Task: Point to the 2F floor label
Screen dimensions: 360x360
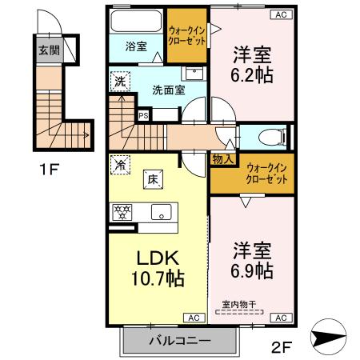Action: click(x=283, y=348)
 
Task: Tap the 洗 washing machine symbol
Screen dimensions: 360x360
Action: click(x=119, y=80)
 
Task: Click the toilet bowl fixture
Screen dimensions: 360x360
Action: click(x=265, y=136)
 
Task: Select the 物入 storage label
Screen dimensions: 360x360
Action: click(x=222, y=159)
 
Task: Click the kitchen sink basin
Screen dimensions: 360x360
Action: click(x=159, y=213)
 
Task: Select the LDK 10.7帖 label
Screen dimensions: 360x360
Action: click(x=157, y=270)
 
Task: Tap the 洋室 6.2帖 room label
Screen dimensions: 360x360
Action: click(x=250, y=66)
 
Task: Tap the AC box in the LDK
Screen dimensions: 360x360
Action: click(x=194, y=318)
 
